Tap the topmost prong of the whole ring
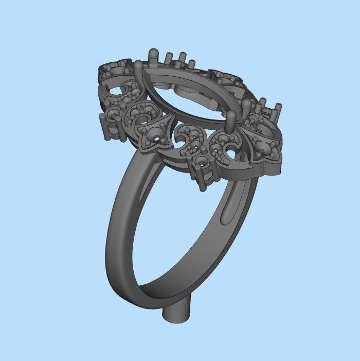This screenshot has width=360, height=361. [x=153, y=53]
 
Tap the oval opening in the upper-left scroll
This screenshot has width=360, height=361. [x=117, y=91]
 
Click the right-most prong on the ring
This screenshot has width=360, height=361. [x=280, y=109]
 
